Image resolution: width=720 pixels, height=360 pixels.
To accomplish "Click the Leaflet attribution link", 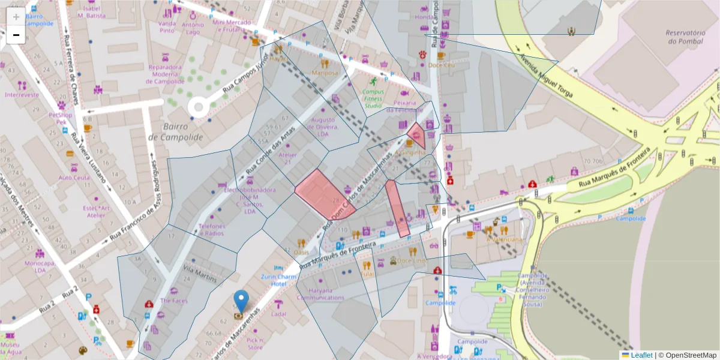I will coord(641,355).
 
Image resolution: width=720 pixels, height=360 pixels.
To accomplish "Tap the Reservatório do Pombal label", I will coord(685,37).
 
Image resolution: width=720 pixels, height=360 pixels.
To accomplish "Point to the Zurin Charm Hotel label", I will coord(279,280).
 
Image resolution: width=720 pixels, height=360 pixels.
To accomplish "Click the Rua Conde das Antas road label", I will coord(269,152).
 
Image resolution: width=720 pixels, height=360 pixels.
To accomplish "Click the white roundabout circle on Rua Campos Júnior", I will coord(198,107).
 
